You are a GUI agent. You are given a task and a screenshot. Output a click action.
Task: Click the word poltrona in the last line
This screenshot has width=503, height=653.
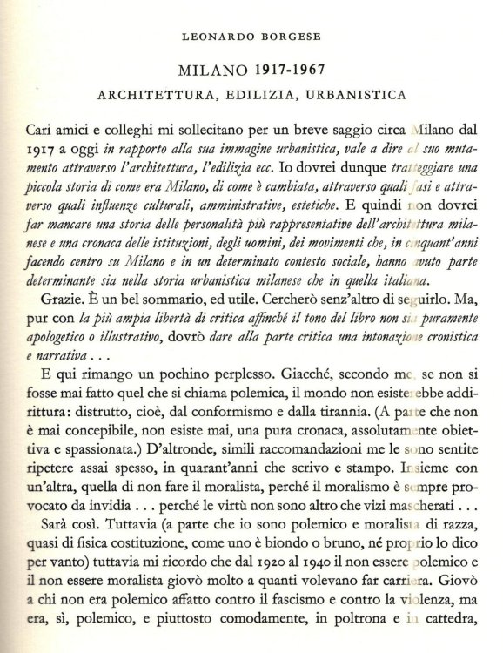339,644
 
